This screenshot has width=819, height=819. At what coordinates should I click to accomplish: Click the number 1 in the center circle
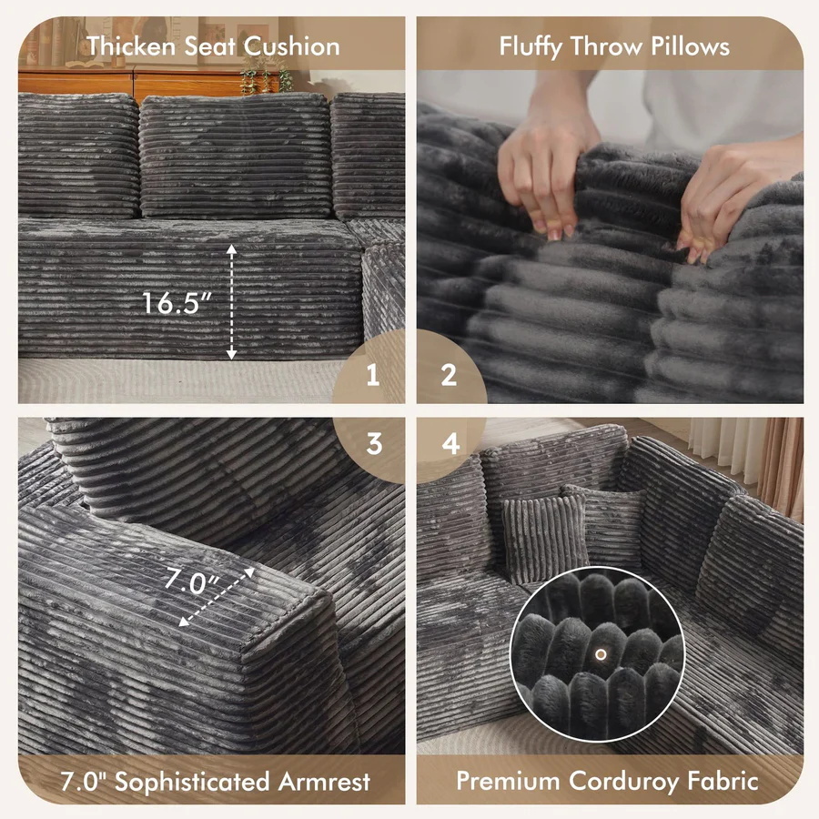click(372, 375)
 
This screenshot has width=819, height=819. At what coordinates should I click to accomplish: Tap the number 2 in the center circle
click(449, 375)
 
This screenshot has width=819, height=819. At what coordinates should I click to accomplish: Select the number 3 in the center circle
click(373, 444)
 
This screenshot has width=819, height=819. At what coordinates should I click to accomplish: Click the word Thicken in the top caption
click(130, 46)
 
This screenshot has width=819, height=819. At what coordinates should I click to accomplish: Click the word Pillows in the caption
click(689, 46)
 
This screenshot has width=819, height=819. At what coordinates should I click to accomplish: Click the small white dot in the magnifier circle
click(600, 653)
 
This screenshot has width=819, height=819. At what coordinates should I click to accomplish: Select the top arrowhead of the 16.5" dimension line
click(232, 248)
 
